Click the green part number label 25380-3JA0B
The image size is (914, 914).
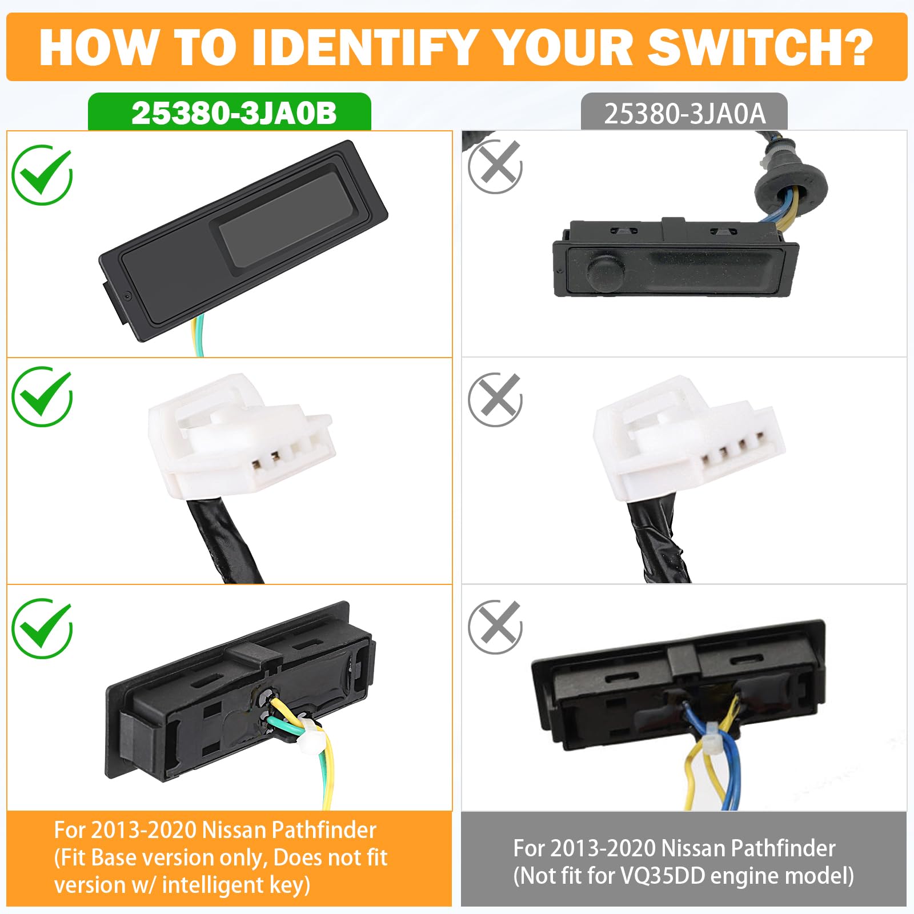click(x=234, y=113)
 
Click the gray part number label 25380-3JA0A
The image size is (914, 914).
click(x=684, y=114)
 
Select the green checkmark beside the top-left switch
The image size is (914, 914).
click(x=42, y=174)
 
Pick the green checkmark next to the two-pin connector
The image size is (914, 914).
click(x=42, y=396)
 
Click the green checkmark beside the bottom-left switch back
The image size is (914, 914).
click(x=42, y=628)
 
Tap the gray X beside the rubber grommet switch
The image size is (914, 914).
click(x=495, y=166)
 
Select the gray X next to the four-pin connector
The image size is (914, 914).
click(x=495, y=399)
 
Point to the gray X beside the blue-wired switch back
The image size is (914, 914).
click(x=495, y=627)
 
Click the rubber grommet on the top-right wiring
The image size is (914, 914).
click(x=791, y=189)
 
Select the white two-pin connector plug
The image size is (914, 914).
click(x=240, y=437)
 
